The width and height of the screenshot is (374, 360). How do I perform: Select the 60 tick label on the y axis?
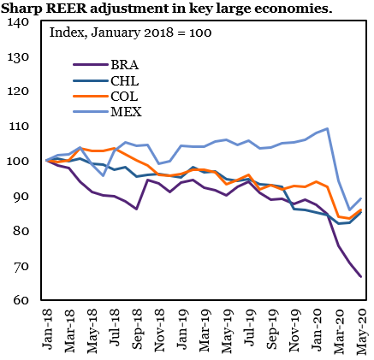[x=21, y=300]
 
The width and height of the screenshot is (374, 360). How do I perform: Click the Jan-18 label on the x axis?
[x=48, y=329]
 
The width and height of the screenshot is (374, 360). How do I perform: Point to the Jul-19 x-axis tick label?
[x=248, y=329]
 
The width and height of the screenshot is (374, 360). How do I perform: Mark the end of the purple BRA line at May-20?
[x=359, y=276]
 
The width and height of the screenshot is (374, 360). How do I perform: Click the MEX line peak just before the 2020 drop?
[x=327, y=129]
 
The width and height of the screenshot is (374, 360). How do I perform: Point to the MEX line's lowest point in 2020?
[x=348, y=210]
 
